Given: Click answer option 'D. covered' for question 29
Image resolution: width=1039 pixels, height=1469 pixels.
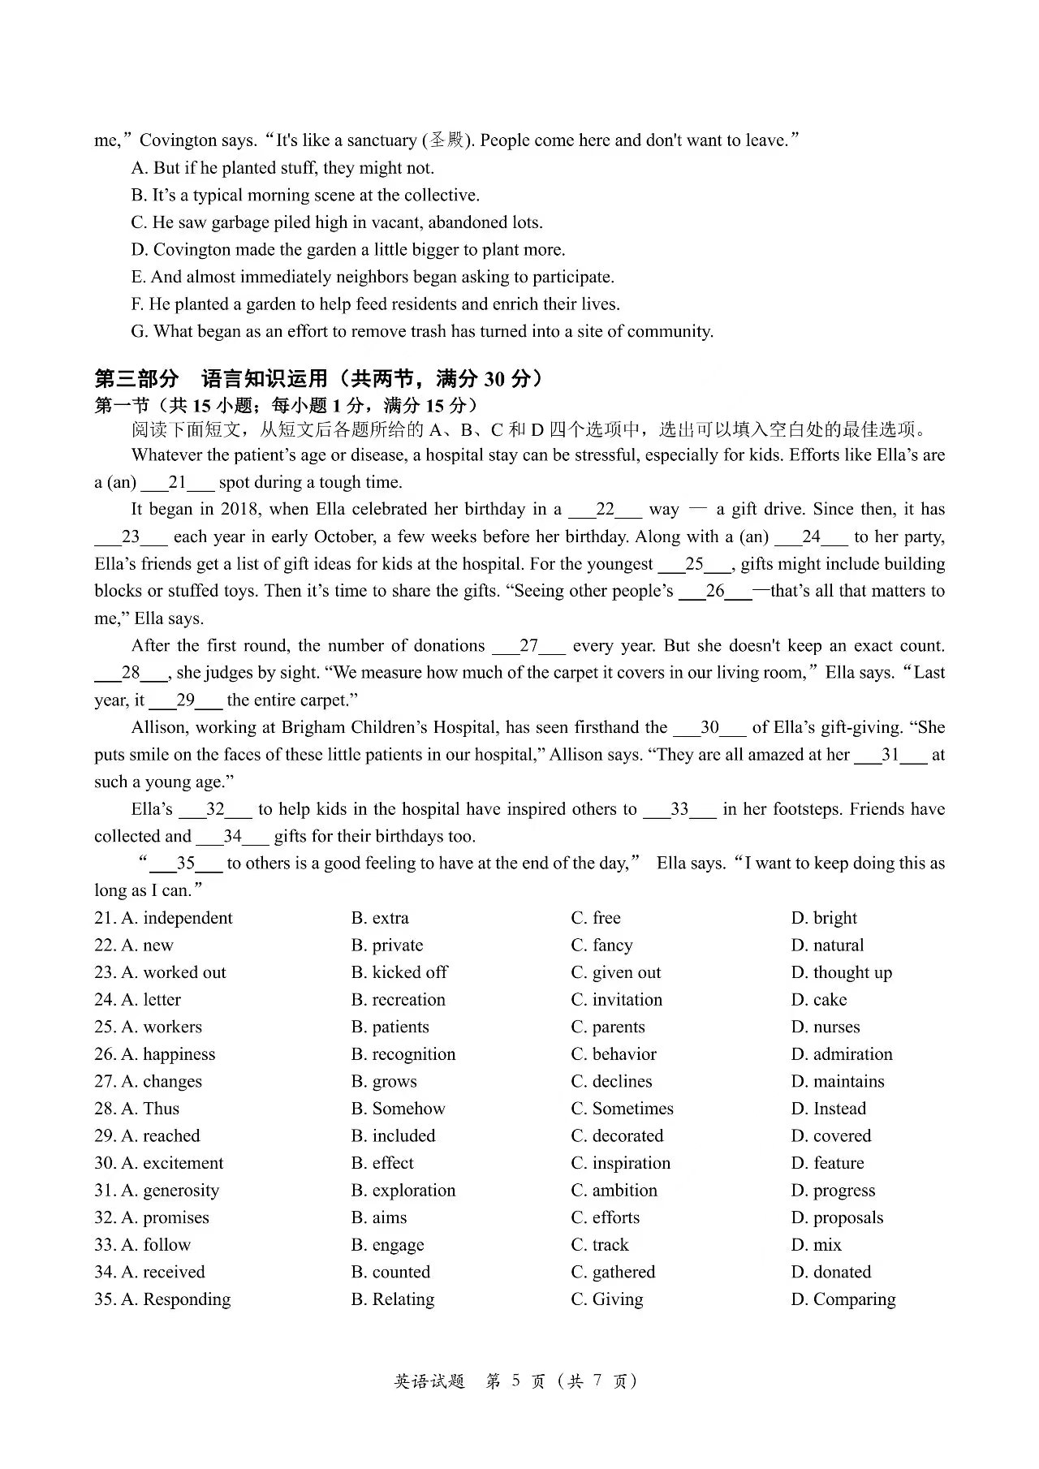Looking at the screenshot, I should (x=830, y=1135).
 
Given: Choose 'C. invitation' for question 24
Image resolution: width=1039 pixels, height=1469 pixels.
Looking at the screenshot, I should (x=616, y=999).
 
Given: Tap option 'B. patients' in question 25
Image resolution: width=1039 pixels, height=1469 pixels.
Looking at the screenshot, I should (x=390, y=1027).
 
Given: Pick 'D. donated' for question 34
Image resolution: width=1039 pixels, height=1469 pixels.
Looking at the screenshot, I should (x=830, y=1272).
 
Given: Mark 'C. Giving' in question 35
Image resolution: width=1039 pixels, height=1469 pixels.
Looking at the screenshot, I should (x=606, y=1299).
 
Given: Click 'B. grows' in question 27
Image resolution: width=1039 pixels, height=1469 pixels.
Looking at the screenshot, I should (x=384, y=1081).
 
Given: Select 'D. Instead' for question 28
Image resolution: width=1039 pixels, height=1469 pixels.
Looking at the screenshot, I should (x=828, y=1109).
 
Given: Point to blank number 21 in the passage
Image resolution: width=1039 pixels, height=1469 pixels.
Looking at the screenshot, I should (x=177, y=483).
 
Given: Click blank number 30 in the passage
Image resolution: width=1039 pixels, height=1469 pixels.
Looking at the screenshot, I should (x=709, y=728).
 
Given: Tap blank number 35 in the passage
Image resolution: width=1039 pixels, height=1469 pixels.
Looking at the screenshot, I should (x=186, y=864).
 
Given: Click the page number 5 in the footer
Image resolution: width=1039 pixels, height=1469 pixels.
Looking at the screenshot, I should (x=515, y=1381).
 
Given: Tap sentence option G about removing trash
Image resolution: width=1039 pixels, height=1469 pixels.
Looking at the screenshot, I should (x=422, y=331).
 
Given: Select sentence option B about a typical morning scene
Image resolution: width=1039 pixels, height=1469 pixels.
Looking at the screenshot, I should (x=305, y=195).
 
